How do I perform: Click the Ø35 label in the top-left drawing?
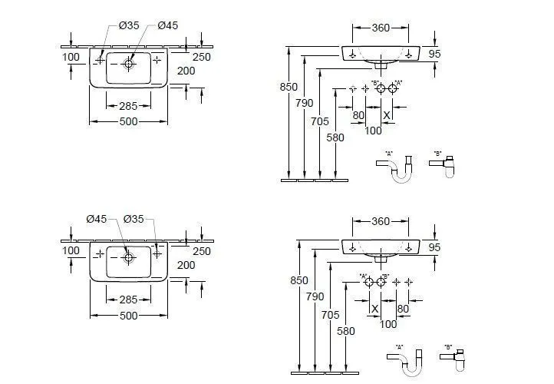(x=129, y=25)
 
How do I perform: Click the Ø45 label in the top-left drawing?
(x=167, y=25)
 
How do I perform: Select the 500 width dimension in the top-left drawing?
(x=129, y=122)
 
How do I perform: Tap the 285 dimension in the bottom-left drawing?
(x=129, y=300)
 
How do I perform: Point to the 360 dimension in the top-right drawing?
(x=380, y=28)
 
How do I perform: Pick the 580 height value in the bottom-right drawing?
(x=348, y=333)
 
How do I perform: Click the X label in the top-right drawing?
(x=387, y=115)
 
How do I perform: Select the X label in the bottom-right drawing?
(x=374, y=309)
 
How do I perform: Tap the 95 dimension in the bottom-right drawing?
(x=434, y=248)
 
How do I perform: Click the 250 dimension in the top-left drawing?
(x=202, y=58)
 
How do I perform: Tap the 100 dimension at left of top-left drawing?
(x=71, y=57)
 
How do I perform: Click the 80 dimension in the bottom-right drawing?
(x=402, y=309)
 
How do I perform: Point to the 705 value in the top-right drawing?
(x=321, y=121)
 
